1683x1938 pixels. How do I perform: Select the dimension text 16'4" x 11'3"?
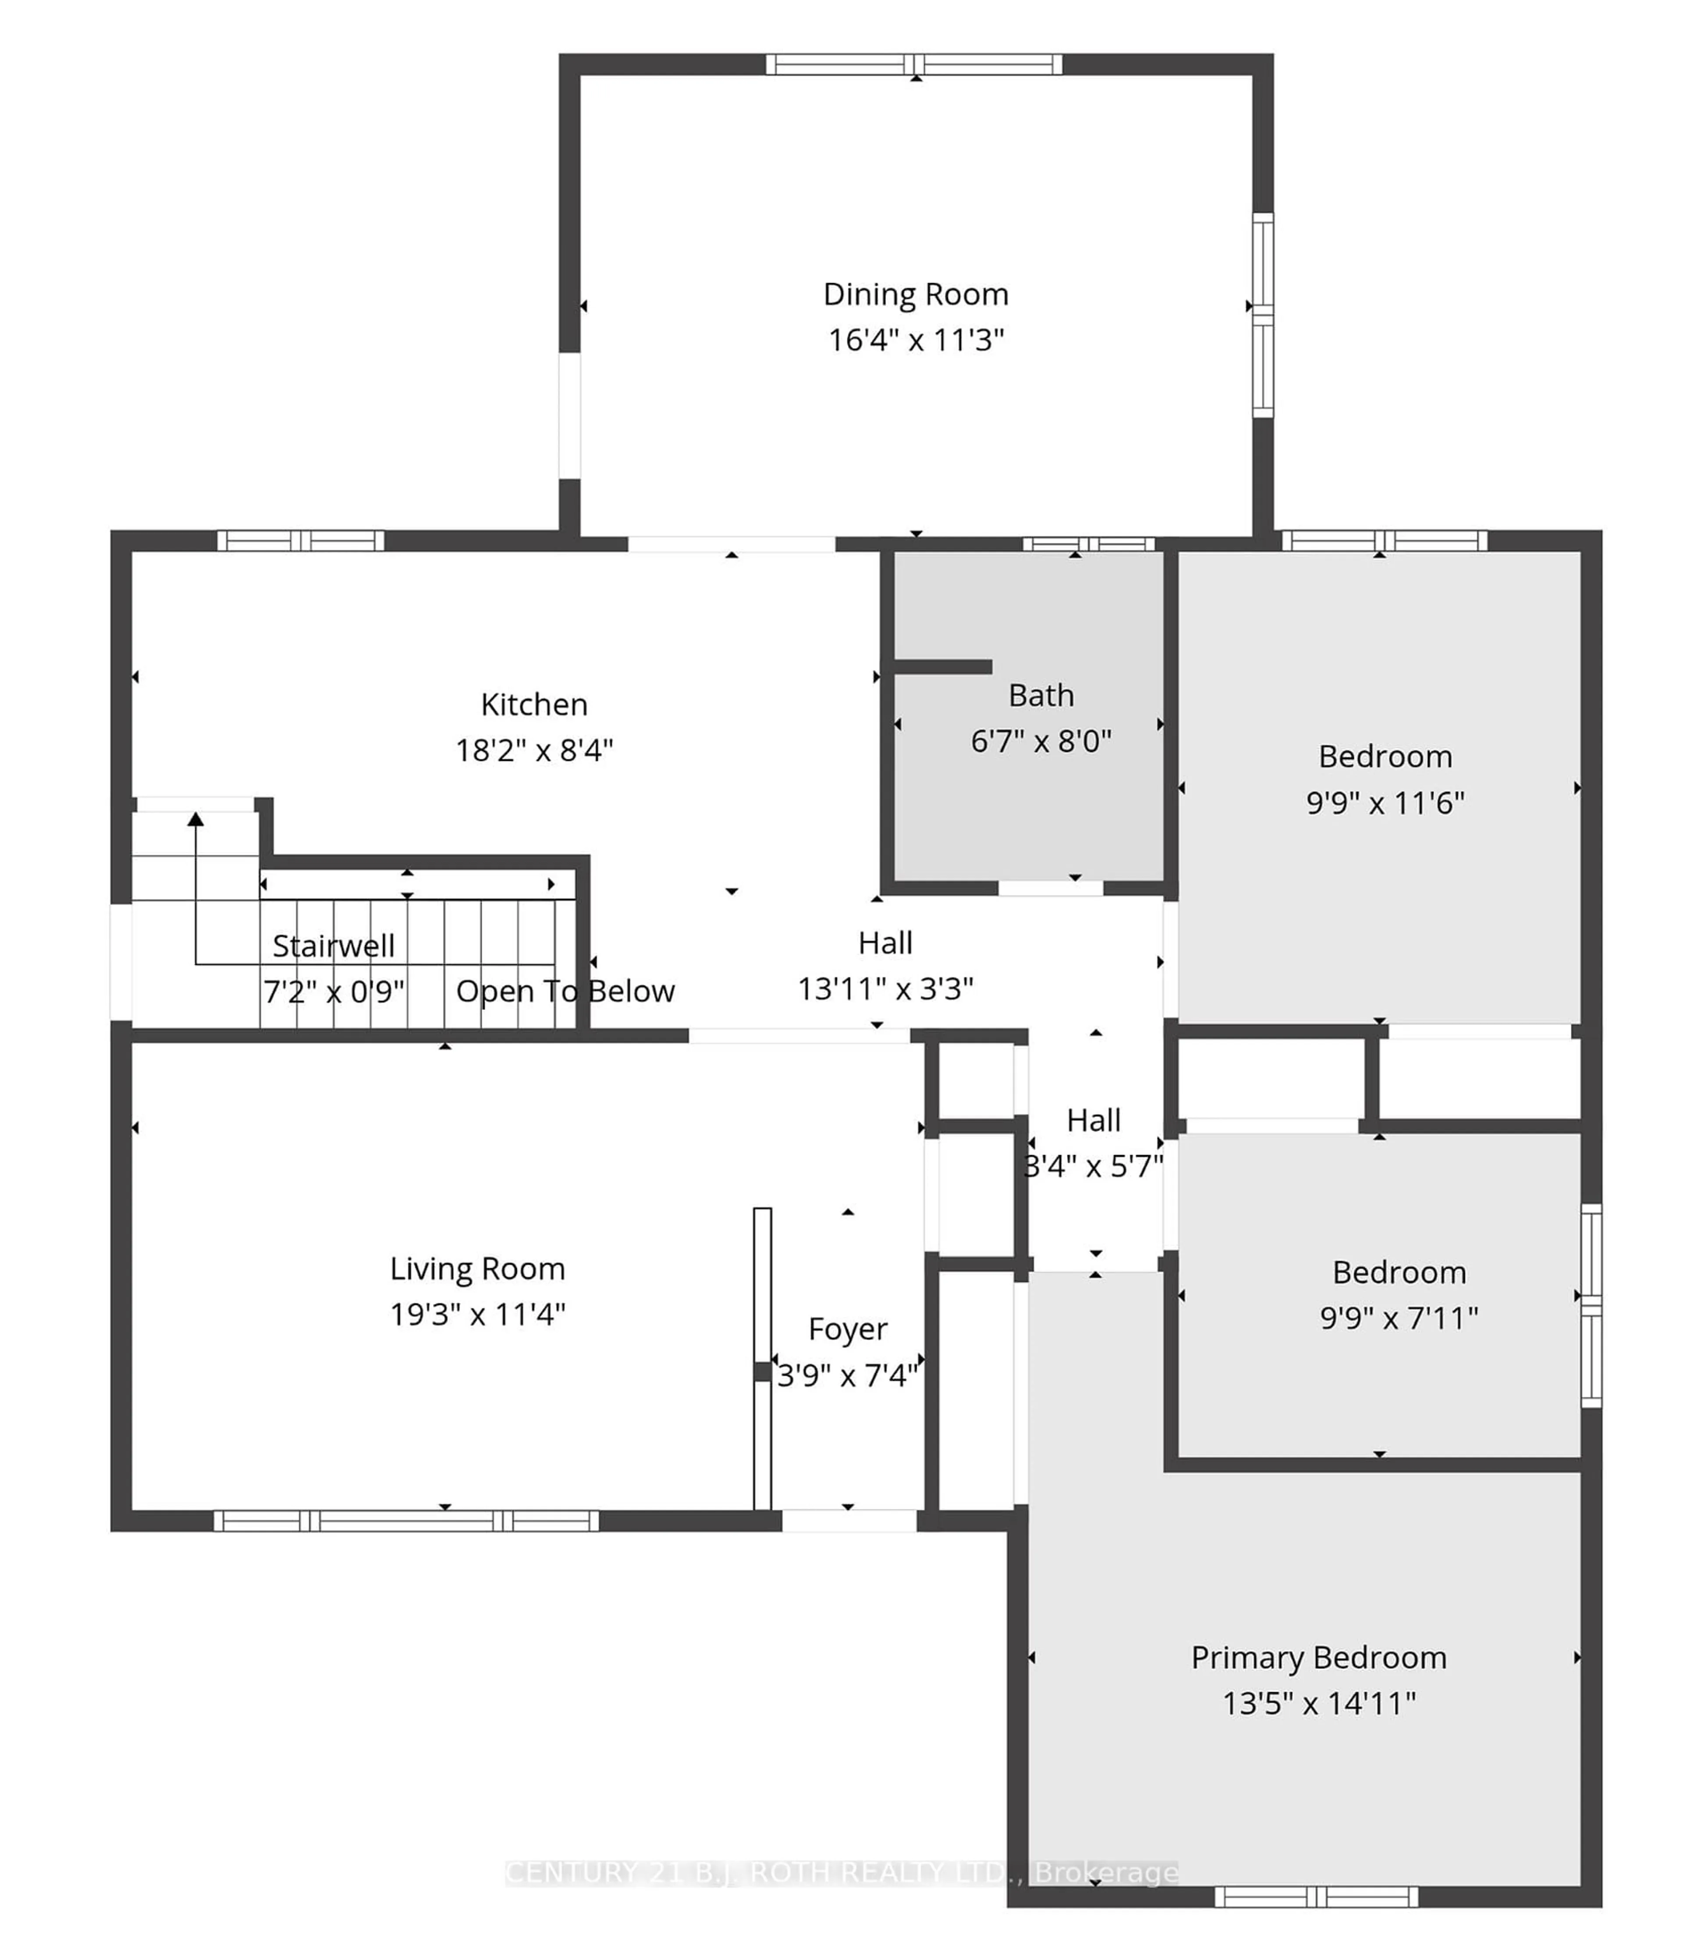(x=916, y=340)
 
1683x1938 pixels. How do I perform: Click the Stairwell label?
(x=334, y=946)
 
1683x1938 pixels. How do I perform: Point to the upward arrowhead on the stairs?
(x=195, y=820)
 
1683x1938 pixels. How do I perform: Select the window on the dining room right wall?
(x=1263, y=315)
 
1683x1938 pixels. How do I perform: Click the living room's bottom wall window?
(x=406, y=1520)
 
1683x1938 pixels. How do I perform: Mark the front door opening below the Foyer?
(x=849, y=1520)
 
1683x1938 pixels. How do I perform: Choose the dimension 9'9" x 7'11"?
(x=1399, y=1318)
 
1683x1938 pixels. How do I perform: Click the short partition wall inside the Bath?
(x=942, y=666)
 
